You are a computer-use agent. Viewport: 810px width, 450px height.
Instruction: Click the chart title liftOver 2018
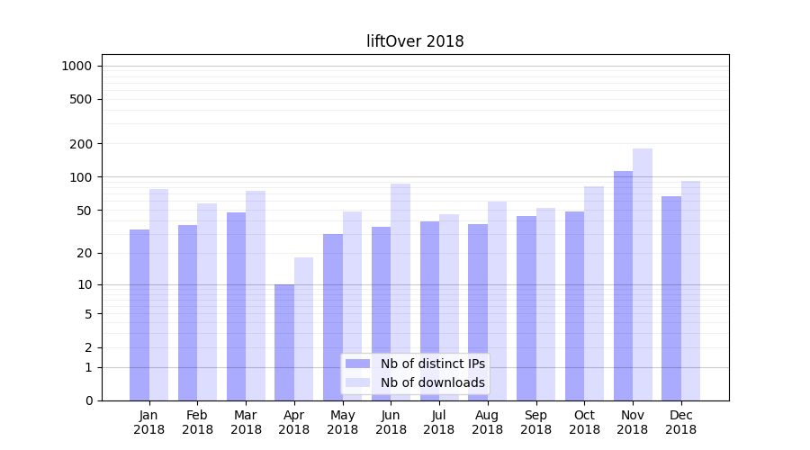pyautogui.click(x=415, y=41)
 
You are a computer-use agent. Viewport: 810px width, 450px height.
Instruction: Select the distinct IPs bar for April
pyautogui.click(x=284, y=342)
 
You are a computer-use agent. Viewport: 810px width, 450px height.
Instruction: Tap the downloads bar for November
pyautogui.click(x=643, y=274)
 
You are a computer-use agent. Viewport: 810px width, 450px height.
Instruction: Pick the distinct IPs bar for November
pyautogui.click(x=623, y=286)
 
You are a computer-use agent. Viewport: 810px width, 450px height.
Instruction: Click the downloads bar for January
pyautogui.click(x=159, y=295)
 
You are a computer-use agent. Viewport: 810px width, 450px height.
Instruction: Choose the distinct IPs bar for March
pyautogui.click(x=236, y=306)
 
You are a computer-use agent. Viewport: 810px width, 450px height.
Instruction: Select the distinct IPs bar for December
pyautogui.click(x=671, y=298)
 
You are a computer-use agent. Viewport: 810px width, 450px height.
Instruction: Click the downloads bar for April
pyautogui.click(x=304, y=328)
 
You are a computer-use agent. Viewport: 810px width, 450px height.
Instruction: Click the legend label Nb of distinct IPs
pyautogui.click(x=432, y=364)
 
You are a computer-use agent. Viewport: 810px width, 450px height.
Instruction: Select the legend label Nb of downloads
pyautogui.click(x=432, y=382)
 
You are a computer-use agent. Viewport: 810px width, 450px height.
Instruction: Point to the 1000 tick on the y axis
pyautogui.click(x=76, y=66)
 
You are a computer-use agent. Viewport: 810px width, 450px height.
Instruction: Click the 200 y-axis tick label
pyautogui.click(x=80, y=144)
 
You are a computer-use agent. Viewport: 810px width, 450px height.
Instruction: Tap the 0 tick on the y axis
pyautogui.click(x=89, y=400)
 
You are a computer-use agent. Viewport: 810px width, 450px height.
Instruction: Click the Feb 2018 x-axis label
pyautogui.click(x=197, y=422)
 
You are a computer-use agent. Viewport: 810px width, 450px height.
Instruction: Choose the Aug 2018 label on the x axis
pyautogui.click(x=487, y=422)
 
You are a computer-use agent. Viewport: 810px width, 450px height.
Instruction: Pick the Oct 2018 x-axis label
pyautogui.click(x=584, y=422)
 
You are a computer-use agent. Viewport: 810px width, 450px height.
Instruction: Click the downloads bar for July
pyautogui.click(x=449, y=307)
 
